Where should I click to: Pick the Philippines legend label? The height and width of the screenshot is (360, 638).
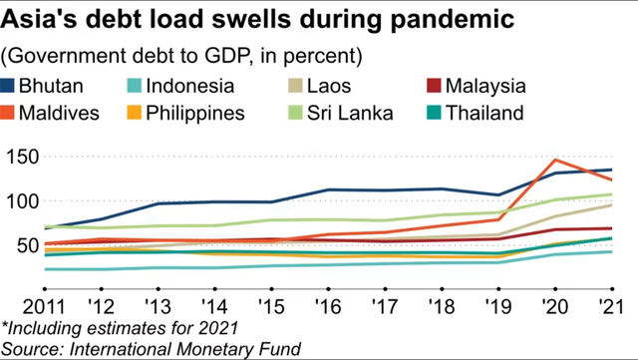195,112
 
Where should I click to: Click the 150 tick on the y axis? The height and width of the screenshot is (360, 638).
22,157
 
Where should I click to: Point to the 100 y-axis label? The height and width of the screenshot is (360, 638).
22,201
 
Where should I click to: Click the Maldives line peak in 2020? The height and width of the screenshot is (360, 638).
556,161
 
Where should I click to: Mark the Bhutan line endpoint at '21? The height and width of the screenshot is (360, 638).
611,170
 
